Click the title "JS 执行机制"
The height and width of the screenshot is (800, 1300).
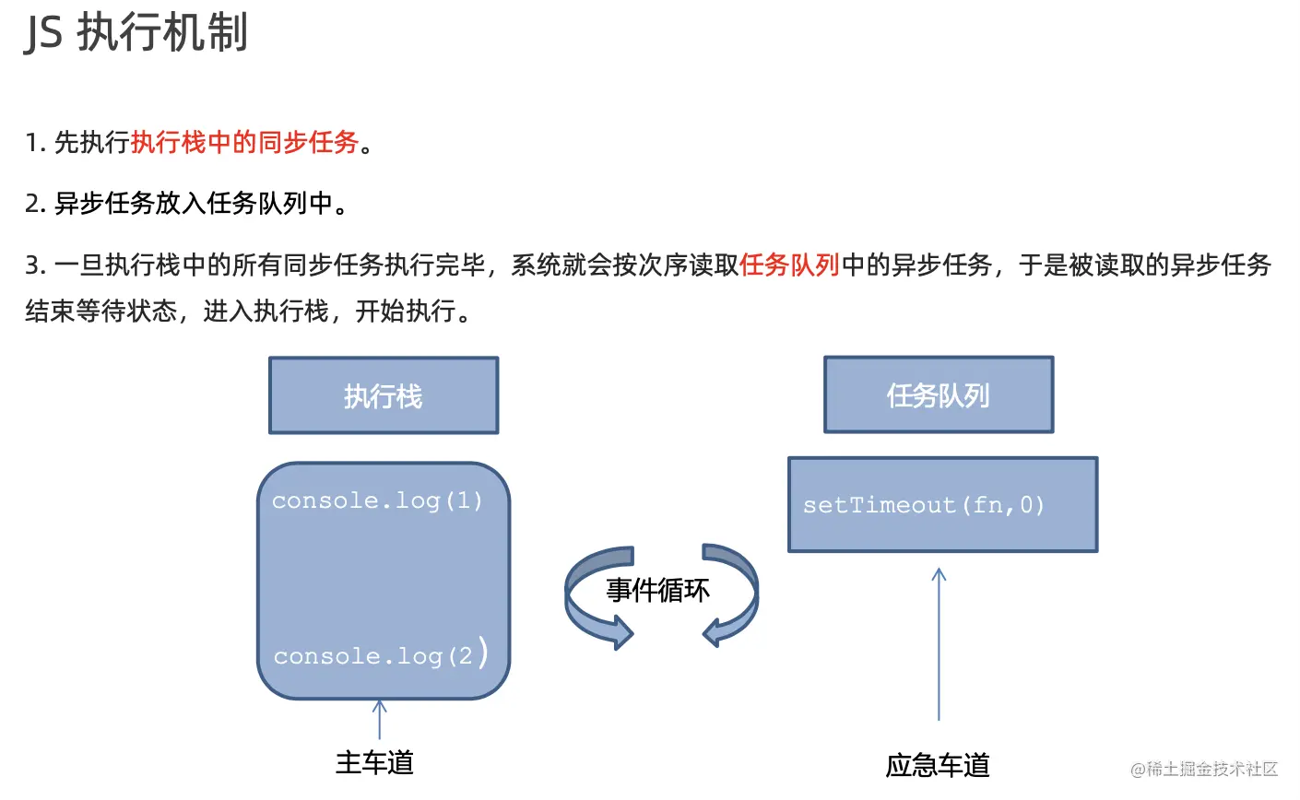[x=136, y=34]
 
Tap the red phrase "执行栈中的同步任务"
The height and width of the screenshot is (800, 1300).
[x=244, y=143]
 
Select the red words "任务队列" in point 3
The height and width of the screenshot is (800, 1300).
[x=789, y=265]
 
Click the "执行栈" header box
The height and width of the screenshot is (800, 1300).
[x=384, y=395]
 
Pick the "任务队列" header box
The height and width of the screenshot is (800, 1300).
[x=939, y=395]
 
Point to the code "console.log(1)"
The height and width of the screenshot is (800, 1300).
[x=377, y=501]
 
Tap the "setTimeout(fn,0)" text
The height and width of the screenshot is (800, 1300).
[x=923, y=505]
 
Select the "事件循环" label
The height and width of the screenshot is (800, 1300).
[x=658, y=590]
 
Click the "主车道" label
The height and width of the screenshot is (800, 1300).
[x=374, y=763]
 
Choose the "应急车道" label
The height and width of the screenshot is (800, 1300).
[x=938, y=765]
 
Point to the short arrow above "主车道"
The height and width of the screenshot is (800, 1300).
[x=379, y=718]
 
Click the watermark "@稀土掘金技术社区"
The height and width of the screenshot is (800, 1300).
[x=1204, y=769]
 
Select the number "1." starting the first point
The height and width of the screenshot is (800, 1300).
[x=35, y=144]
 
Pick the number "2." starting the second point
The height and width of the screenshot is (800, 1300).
[x=35, y=204]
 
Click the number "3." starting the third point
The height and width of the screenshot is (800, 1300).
[x=35, y=266]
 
